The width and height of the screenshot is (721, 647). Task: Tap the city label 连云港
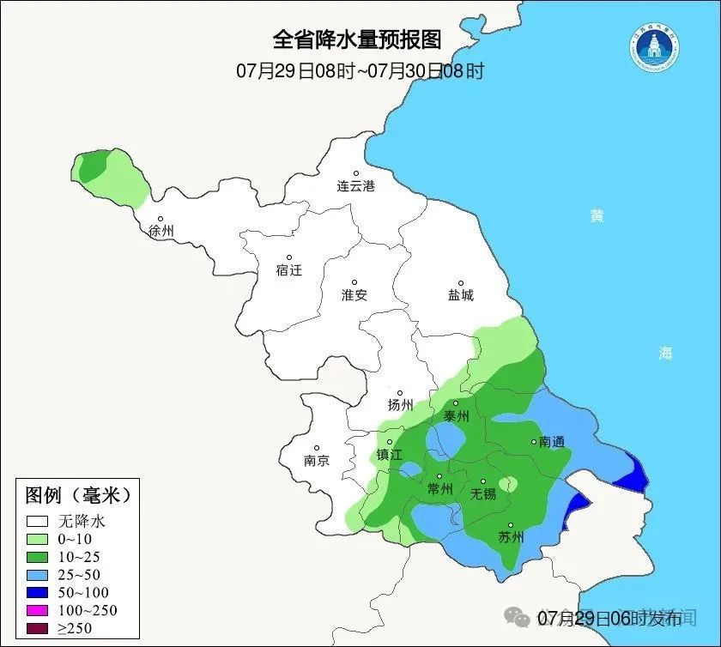[x=356, y=185]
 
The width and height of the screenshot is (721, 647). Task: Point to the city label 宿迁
[x=289, y=269]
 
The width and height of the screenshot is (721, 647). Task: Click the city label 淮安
[x=354, y=294]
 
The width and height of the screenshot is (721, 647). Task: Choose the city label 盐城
[x=460, y=294]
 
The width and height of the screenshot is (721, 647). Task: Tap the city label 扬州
[x=401, y=404]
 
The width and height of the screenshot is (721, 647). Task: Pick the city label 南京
[x=317, y=460]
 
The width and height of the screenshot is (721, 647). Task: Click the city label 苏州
[x=511, y=538]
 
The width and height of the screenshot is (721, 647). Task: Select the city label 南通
[x=552, y=443]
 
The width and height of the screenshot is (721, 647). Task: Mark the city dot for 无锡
[x=483, y=481]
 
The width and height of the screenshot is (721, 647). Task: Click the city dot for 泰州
[x=456, y=402]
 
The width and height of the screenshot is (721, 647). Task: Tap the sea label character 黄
[x=597, y=216]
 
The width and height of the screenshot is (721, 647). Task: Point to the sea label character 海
[x=665, y=353]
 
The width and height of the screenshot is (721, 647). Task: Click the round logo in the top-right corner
[x=657, y=51]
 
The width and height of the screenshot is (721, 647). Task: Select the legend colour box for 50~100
[x=37, y=592]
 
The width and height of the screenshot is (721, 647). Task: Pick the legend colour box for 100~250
[x=37, y=610]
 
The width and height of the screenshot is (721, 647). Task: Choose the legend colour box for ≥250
[x=37, y=629]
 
